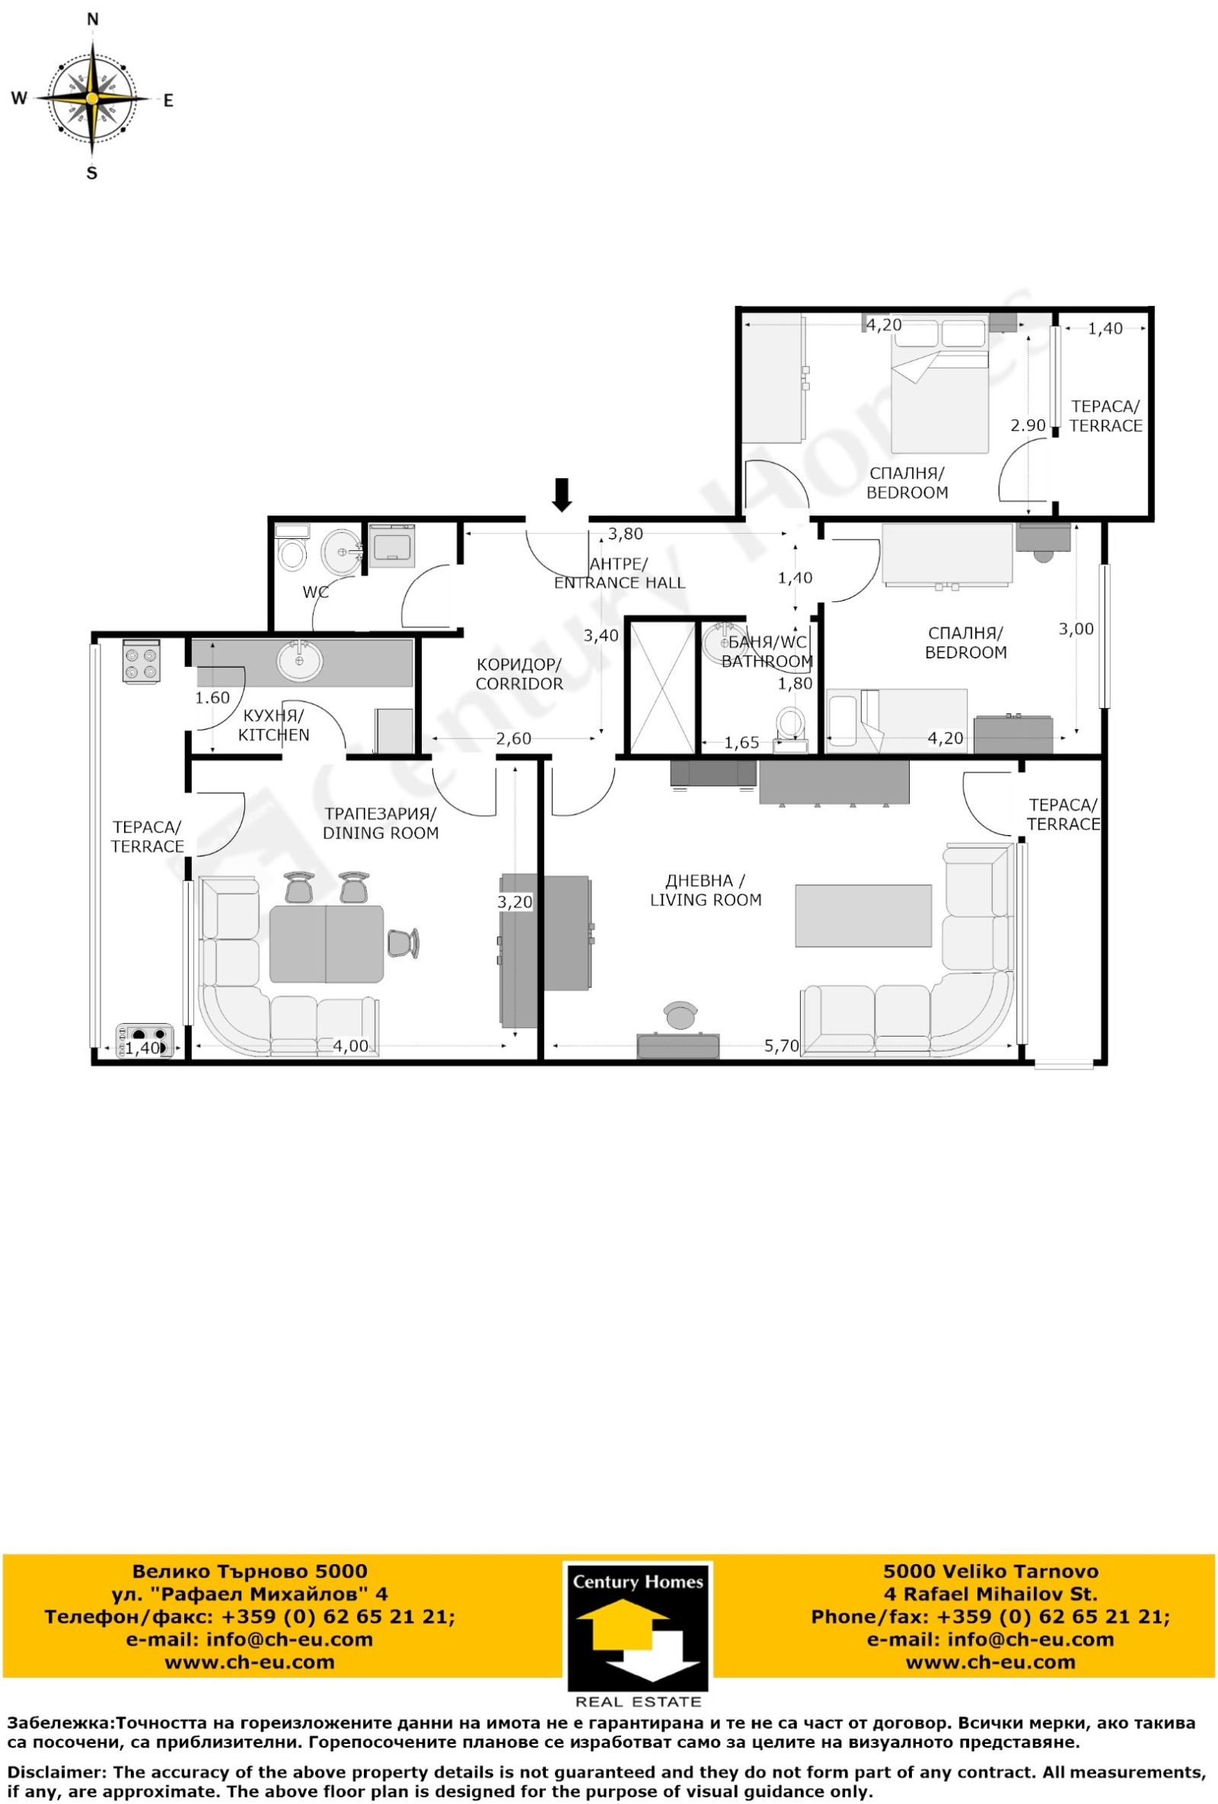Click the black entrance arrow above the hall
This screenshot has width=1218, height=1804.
[x=561, y=495]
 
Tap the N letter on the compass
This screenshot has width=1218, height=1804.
[x=92, y=19]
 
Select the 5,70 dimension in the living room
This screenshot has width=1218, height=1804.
[x=781, y=1046]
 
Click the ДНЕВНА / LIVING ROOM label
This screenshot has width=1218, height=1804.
[x=705, y=891]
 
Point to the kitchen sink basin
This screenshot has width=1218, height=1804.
[x=299, y=661]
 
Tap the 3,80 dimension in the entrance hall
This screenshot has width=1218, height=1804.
[x=625, y=534]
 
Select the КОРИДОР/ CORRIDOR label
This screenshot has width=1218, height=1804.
[x=518, y=674]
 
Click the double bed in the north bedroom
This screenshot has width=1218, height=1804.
[x=939, y=384]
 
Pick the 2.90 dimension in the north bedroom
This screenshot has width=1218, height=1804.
[x=1028, y=426]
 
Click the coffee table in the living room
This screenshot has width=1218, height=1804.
[x=862, y=915]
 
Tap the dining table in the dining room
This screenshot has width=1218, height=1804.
[x=327, y=944]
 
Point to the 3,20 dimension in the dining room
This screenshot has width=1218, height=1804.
[x=515, y=902]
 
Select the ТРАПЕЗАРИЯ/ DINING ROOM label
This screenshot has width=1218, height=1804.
[x=381, y=823]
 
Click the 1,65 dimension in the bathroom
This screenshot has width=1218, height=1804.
[x=741, y=743]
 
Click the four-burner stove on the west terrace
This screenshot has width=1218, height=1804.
[x=142, y=661]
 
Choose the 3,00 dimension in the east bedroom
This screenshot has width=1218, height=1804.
[x=1076, y=629]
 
